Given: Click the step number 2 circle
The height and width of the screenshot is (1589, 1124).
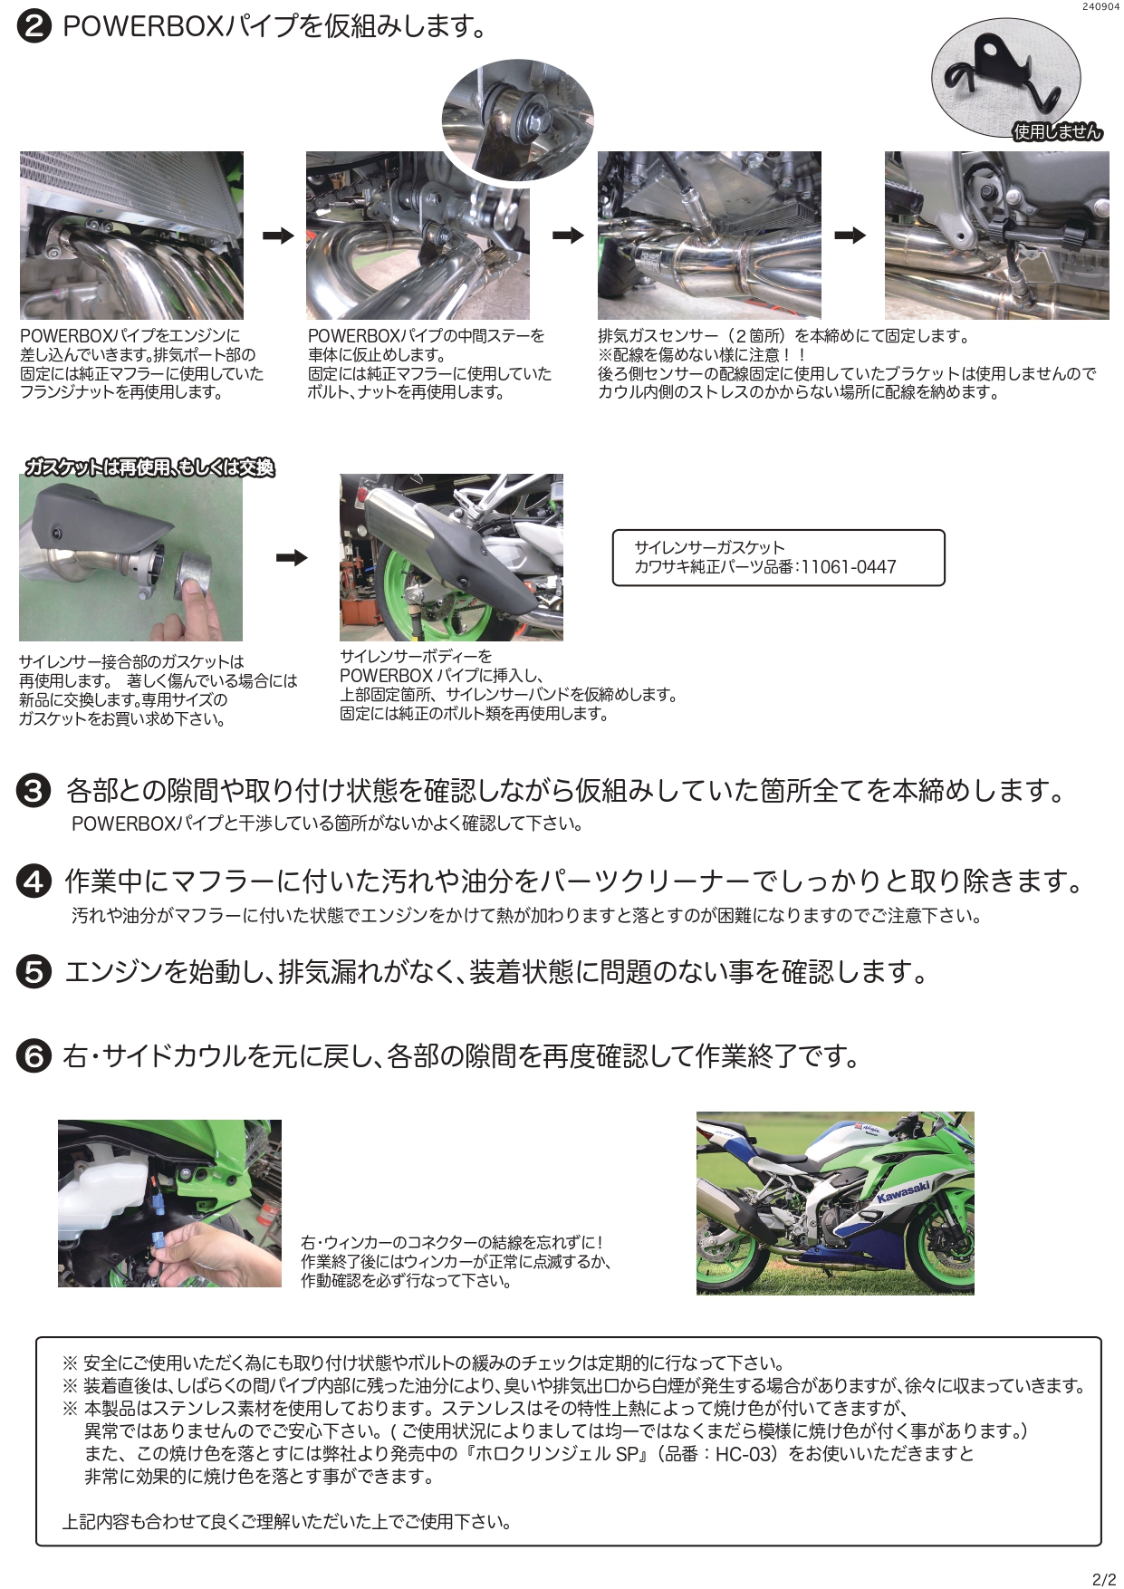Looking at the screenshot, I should point(33,27).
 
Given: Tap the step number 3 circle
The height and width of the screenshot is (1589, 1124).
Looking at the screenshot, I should point(34,792).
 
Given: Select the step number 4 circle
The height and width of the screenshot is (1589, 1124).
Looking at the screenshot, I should point(34,881).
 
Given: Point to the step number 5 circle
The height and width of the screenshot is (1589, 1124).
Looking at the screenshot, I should point(34,973).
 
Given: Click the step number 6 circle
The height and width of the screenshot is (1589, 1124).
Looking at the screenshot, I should point(34,1056).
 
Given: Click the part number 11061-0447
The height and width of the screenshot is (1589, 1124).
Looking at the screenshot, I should point(848,567).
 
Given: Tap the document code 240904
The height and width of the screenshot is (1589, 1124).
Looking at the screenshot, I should point(1100,6).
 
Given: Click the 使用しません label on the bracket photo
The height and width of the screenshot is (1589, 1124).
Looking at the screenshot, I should point(1057,132).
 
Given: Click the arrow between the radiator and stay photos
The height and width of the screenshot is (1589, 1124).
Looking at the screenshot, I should point(278,236).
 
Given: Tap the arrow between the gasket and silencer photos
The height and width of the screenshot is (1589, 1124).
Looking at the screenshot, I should point(291,557).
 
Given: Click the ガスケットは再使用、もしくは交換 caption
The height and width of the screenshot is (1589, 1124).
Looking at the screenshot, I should point(149,467).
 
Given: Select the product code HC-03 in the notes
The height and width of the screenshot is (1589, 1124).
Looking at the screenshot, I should point(740,1454).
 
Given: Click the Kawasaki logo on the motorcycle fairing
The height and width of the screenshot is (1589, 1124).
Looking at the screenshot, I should point(902,1191).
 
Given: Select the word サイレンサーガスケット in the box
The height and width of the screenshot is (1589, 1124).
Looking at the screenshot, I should point(709,548).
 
